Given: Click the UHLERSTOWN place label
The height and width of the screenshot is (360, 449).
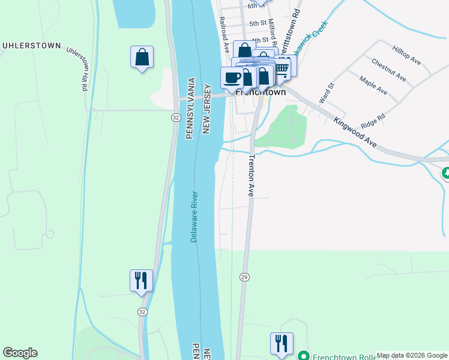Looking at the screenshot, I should (x=32, y=45).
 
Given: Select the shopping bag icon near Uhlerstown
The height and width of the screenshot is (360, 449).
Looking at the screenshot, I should (x=142, y=58).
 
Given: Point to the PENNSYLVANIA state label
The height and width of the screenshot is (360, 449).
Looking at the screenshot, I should (x=190, y=108).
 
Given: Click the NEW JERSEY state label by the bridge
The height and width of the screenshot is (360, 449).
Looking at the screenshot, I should (x=206, y=109).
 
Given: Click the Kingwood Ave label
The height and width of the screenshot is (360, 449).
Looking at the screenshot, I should (x=355, y=133).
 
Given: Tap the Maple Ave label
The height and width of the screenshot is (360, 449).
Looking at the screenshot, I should (x=373, y=85).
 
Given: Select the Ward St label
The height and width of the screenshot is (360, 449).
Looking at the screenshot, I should (x=325, y=93).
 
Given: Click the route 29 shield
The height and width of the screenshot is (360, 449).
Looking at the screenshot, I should (x=244, y=277).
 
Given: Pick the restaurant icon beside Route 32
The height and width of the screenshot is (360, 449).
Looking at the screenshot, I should (x=142, y=280).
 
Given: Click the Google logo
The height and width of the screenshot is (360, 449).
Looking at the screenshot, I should (x=20, y=353).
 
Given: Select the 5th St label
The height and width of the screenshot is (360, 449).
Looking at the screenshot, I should (x=258, y=23).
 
